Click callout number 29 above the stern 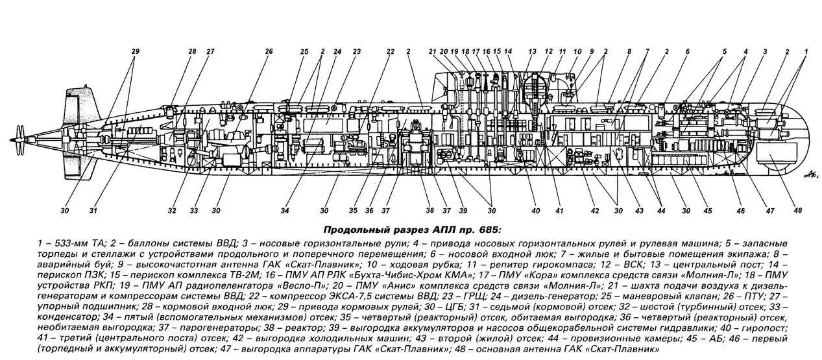(136, 51)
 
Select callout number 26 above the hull (269, 51)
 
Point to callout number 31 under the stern (94, 210)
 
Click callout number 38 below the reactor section (429, 210)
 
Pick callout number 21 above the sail (433, 51)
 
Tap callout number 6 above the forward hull (687, 51)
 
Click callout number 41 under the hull (559, 210)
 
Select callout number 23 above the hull (357, 51)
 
